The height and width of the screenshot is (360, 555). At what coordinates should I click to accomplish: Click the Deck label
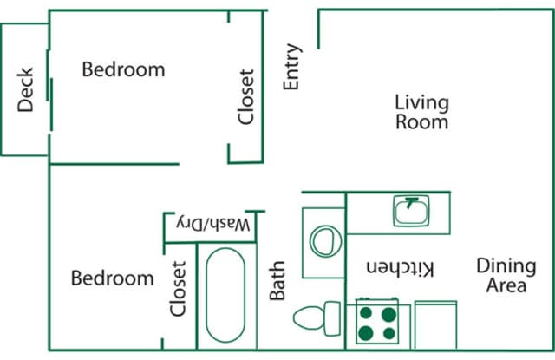[x=25, y=89]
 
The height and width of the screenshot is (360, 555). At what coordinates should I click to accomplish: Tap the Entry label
[x=292, y=67]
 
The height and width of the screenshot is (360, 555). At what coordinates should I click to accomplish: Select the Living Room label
[x=422, y=112]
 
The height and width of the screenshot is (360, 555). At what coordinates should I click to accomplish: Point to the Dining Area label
[x=506, y=275]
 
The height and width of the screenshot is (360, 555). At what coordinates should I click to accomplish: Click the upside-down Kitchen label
[x=400, y=268]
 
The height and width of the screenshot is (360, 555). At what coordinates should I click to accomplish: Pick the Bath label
[x=277, y=280]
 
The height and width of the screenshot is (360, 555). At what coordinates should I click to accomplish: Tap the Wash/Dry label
[x=213, y=225]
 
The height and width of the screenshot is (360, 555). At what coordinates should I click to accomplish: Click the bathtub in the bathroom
[x=225, y=295]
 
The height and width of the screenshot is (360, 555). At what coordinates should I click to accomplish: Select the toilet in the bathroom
[x=317, y=318]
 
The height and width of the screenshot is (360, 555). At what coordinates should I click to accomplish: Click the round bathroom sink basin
[x=326, y=241]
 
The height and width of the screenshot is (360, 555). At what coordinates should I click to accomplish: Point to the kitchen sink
[x=411, y=211]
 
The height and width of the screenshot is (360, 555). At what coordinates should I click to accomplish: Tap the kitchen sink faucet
[x=411, y=202]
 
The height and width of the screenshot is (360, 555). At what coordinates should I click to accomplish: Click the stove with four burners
[x=377, y=321]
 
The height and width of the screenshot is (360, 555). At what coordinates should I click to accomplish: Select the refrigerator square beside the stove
[x=435, y=325]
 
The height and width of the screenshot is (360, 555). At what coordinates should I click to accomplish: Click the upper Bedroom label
[x=123, y=69]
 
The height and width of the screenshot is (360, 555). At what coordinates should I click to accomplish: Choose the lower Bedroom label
[x=113, y=278]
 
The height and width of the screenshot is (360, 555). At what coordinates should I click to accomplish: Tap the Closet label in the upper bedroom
[x=246, y=97]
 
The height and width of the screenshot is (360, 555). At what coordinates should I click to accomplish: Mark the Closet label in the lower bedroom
[x=178, y=289]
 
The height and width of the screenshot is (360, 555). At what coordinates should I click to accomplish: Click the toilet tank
[x=333, y=318]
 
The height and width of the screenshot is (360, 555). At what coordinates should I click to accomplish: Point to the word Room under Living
[x=422, y=122]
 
